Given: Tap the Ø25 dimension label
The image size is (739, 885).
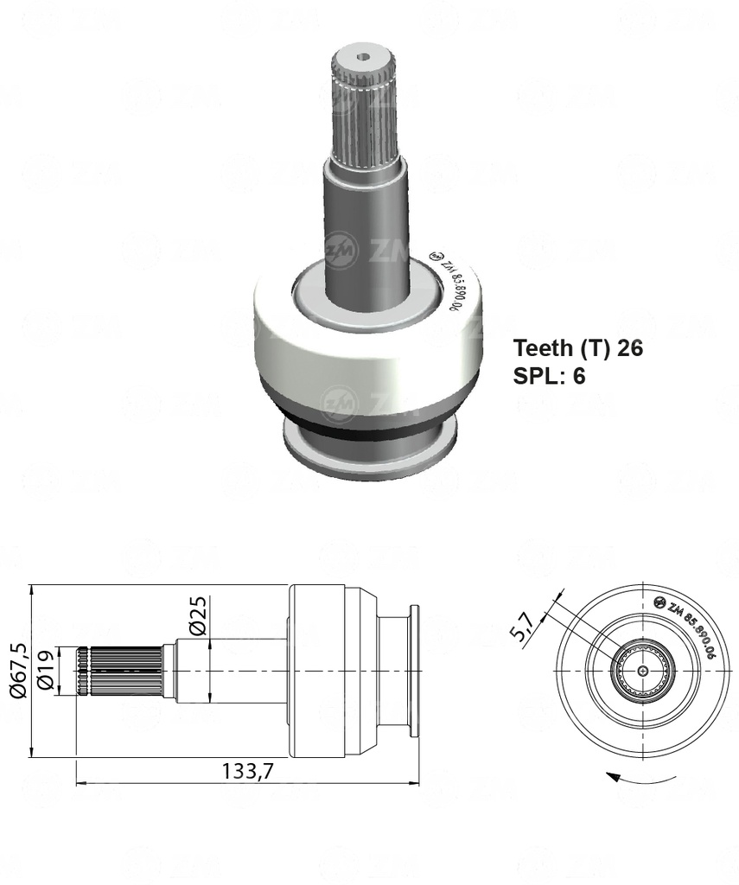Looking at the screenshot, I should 197,614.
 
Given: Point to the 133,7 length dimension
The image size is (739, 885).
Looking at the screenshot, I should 246,772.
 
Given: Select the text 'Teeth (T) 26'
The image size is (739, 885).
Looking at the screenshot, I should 577,348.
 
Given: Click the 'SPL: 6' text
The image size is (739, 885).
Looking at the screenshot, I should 550,377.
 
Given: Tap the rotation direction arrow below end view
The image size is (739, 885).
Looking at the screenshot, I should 640,778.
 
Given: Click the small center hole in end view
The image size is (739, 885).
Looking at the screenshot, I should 641,671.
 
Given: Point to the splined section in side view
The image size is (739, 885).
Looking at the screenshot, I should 121,671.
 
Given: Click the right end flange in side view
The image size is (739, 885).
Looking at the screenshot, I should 413,671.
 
